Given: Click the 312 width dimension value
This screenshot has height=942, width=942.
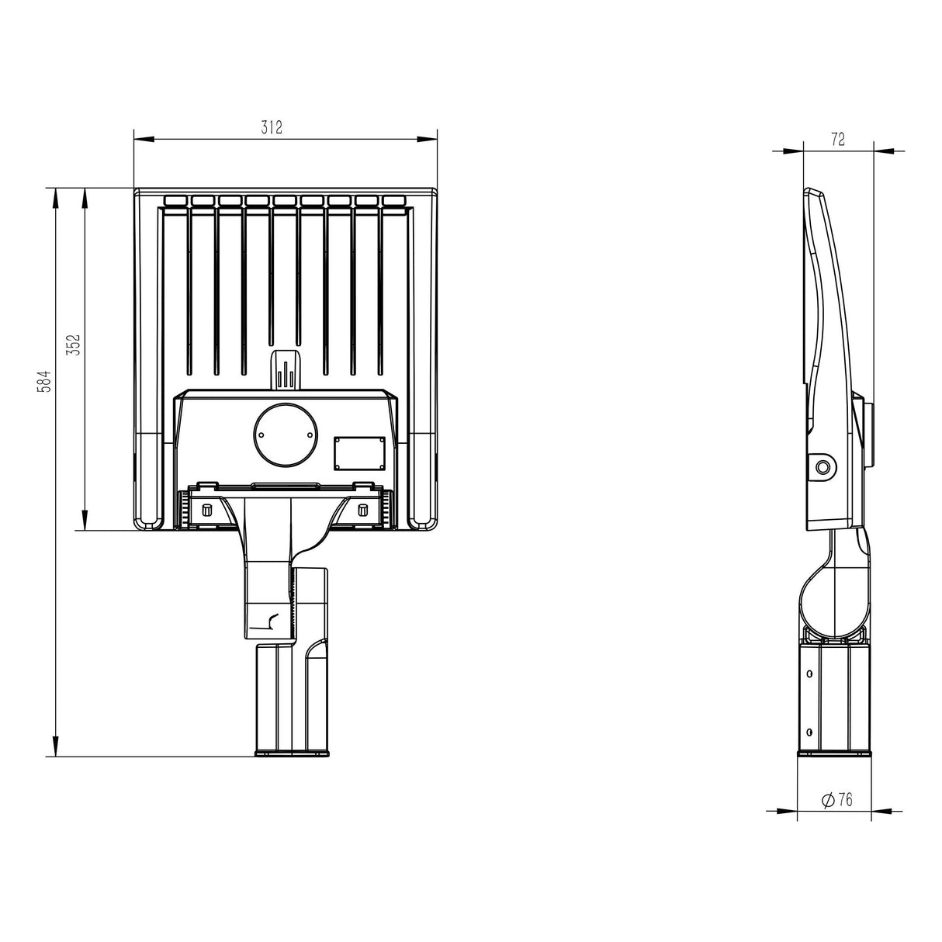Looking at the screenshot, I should [271, 129].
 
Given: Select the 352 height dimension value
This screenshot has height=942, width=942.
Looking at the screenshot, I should [73, 345].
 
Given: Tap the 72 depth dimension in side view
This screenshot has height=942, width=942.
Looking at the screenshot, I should [837, 140].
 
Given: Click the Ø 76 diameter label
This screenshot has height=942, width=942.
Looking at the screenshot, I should [836, 800].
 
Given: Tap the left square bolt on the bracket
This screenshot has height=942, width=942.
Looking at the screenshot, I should [207, 510].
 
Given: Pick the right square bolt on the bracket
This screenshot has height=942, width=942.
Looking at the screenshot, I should [362, 510].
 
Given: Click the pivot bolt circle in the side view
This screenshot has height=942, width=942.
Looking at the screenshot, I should [822, 466].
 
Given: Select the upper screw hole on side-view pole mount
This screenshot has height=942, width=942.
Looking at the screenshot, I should [810, 674].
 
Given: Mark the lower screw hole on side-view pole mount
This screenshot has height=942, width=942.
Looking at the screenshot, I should [810, 731].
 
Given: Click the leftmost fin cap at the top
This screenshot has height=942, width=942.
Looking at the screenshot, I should [176, 201].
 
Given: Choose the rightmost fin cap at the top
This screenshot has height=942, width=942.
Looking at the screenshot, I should [393, 201].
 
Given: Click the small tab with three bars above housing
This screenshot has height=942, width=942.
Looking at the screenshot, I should [286, 370].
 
